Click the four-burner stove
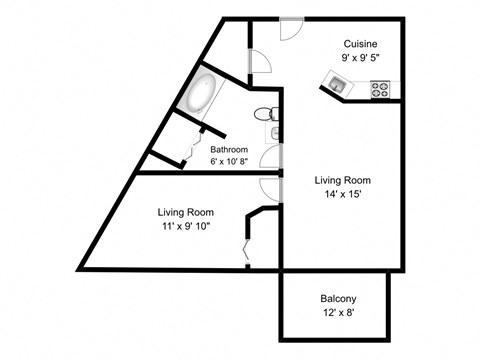tap(380, 88)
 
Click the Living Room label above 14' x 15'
tap(341, 181)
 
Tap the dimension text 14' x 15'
tap(341, 194)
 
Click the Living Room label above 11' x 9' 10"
tap(186, 212)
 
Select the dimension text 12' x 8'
tap(339, 313)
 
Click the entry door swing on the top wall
tap(287, 26)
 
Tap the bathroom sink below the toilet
tap(272, 133)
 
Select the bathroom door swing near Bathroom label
tap(268, 158)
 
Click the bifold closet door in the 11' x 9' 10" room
tap(246, 247)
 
